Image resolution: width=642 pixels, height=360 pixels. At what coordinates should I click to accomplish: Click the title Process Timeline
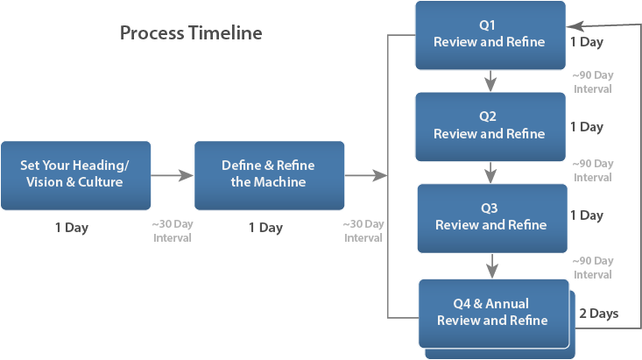[191, 33]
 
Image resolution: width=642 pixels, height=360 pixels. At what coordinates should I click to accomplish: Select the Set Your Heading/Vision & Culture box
[75, 175]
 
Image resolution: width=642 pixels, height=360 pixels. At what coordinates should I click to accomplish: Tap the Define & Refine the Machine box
[269, 175]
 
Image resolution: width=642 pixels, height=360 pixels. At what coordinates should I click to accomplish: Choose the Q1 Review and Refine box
[490, 36]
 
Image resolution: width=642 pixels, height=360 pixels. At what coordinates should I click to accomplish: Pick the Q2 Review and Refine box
[490, 126]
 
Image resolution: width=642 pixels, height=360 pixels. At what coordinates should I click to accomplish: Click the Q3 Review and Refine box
[490, 217]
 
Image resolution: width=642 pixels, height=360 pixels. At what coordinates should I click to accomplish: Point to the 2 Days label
[599, 313]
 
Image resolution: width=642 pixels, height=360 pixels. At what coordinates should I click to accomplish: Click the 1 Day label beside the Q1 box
[586, 41]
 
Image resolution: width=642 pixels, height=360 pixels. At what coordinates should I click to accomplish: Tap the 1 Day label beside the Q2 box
[586, 127]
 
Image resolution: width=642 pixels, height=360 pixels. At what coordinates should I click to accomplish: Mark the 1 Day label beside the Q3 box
[586, 215]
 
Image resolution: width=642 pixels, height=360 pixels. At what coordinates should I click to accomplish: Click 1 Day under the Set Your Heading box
[71, 228]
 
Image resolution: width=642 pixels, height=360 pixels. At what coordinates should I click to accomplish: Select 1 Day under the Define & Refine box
[265, 228]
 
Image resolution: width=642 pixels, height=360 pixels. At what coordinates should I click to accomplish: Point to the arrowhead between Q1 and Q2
[490, 82]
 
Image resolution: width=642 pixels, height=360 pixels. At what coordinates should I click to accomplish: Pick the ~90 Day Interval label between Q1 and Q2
[592, 82]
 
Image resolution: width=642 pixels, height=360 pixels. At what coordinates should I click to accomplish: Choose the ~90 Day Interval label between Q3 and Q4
[592, 268]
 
